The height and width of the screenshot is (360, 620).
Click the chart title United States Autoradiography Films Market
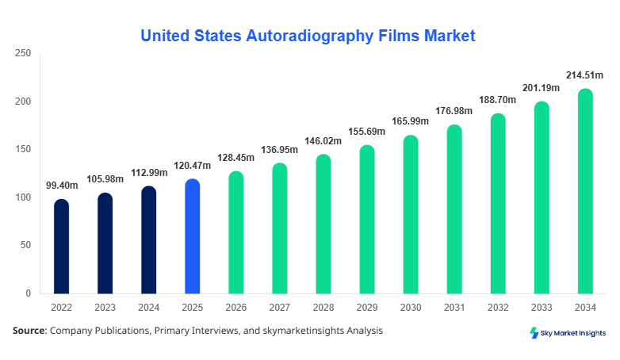pyautogui.click(x=308, y=36)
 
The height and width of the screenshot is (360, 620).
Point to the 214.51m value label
pyautogui.click(x=584, y=75)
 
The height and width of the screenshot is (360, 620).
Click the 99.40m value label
pyautogui.click(x=61, y=186)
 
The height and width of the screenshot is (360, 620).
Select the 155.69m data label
pyautogui.click(x=366, y=132)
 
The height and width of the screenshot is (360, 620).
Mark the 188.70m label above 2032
pyautogui.click(x=497, y=100)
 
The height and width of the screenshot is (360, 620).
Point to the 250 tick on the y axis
pyautogui.click(x=23, y=53)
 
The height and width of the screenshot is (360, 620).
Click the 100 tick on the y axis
pyautogui.click(x=23, y=197)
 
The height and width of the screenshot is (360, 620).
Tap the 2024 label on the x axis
pyautogui.click(x=148, y=308)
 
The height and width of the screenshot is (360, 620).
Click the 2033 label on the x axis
pyautogui.click(x=541, y=308)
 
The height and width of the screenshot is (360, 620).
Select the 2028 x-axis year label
pyautogui.click(x=323, y=308)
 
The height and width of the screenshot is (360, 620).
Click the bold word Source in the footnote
pyautogui.click(x=29, y=331)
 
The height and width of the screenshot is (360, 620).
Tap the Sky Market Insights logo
pyautogui.click(x=567, y=333)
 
